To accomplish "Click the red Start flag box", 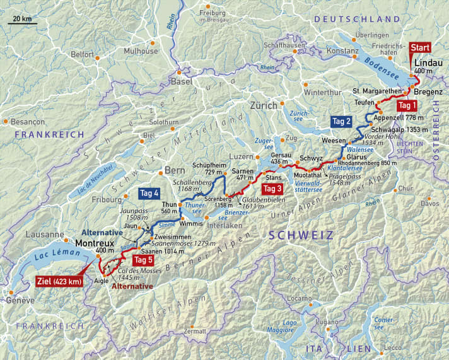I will click(x=421, y=48).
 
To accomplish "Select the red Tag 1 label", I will click(x=409, y=105).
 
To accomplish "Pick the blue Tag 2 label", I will click(x=342, y=120).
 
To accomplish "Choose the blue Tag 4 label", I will click(x=149, y=193).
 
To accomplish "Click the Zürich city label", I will click(x=263, y=105).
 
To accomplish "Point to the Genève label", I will click(x=21, y=300).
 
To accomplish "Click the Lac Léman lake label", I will click(x=49, y=254).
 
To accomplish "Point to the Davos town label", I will click(x=430, y=203).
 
